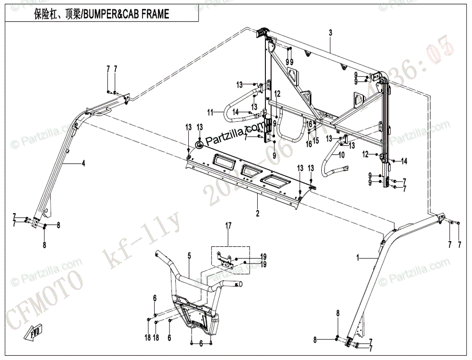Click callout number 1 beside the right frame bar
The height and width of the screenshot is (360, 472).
(357, 258)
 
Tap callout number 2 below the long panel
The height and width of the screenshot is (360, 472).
(258, 213)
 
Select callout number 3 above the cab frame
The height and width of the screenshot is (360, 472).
(330, 33)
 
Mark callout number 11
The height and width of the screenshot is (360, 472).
(210, 112)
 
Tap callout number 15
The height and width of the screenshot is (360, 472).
(316, 140)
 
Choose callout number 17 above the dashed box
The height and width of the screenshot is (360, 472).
(229, 225)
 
